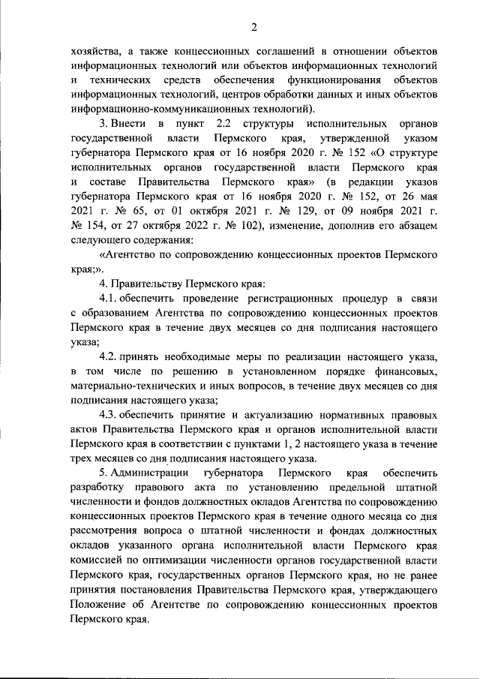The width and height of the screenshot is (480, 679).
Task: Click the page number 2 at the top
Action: tap(254, 29)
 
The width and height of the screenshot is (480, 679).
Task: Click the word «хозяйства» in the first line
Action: tap(94, 52)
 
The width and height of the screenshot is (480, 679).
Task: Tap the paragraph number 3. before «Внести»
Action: tap(104, 124)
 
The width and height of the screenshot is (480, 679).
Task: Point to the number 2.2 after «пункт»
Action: tap(223, 124)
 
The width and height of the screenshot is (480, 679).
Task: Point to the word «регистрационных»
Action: tap(292, 299)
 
